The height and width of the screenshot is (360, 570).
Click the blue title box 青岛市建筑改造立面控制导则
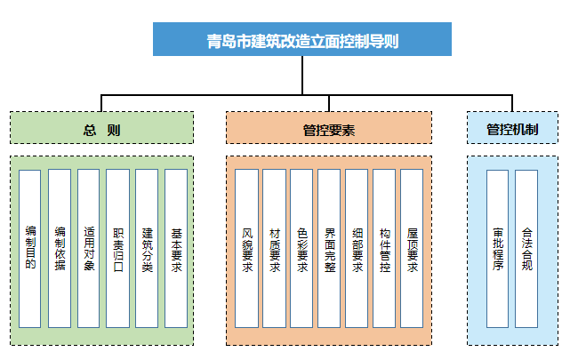[x=302, y=40]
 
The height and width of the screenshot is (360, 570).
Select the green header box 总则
[x=101, y=128]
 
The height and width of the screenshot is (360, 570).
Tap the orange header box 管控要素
[x=328, y=128]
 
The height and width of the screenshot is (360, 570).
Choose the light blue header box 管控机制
[x=511, y=128]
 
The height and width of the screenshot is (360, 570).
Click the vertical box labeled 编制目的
[x=30, y=248]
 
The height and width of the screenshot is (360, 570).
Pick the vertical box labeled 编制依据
[x=60, y=248]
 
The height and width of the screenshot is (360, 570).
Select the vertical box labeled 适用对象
[x=89, y=248]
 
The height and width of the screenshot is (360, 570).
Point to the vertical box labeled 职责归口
[x=118, y=248]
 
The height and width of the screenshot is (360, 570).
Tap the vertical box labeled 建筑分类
[x=148, y=248]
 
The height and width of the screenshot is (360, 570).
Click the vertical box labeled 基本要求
[x=176, y=248]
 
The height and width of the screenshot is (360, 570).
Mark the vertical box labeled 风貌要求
[x=247, y=248]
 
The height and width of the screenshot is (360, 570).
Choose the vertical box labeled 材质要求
[x=275, y=248]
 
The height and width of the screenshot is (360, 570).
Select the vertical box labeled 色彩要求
[x=302, y=248]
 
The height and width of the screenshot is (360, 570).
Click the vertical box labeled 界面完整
[x=329, y=248]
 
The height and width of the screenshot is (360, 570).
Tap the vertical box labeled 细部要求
[x=357, y=248]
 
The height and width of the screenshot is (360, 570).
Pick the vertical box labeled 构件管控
[x=384, y=248]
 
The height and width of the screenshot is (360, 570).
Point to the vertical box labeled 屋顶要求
[x=412, y=248]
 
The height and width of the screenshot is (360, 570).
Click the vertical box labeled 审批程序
[x=497, y=248]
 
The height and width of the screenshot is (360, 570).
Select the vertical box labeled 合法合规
[x=526, y=248]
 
